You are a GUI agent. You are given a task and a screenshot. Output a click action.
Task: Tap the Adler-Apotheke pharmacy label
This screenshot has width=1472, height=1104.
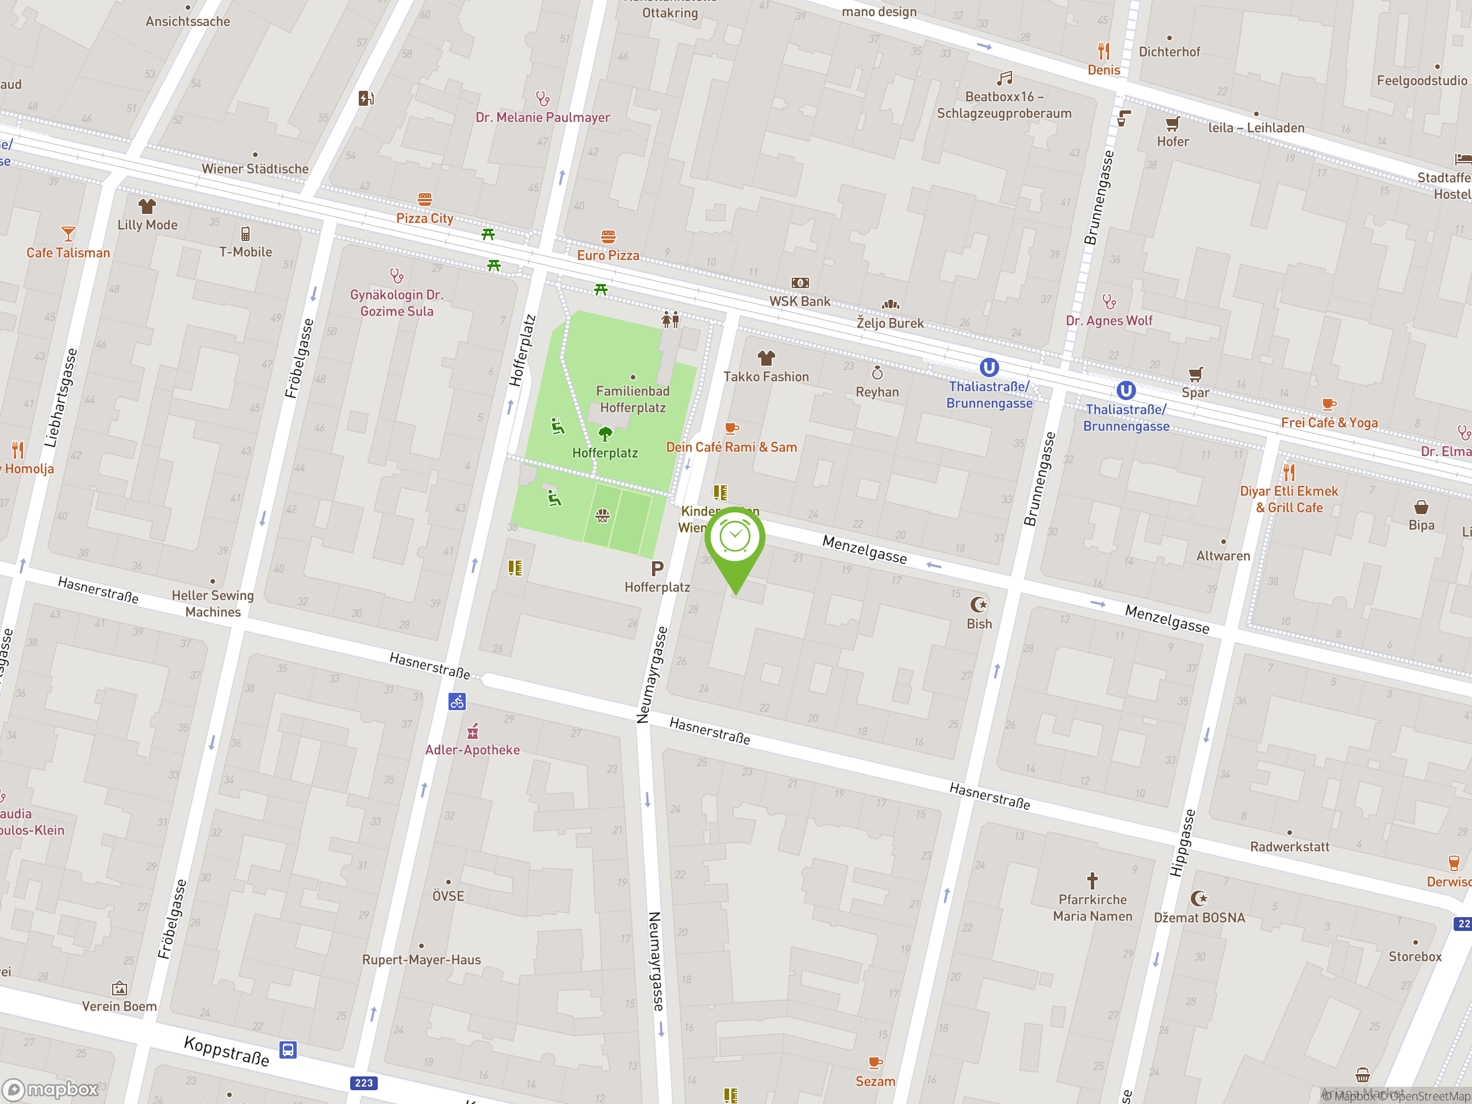click(473, 750)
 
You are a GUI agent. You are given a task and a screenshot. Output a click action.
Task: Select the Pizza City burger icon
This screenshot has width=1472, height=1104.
click(424, 199)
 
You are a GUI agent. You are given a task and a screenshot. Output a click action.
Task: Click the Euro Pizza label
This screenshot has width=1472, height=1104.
click(608, 255)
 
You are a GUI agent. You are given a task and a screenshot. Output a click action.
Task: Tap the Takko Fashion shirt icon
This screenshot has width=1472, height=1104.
click(766, 359)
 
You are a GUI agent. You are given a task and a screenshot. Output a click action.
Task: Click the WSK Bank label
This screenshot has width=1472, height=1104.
click(799, 301)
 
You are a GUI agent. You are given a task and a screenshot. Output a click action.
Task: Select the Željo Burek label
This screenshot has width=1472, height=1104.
click(890, 323)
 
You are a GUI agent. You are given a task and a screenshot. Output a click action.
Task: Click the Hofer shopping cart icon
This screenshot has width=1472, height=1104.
click(1172, 124)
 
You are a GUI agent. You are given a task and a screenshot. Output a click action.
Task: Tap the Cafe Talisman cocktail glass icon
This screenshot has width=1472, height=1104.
click(68, 234)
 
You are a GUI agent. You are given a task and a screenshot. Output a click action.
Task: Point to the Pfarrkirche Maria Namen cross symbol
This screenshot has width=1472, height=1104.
click(1092, 881)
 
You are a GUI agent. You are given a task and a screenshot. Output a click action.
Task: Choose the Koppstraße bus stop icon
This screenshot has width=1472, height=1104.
click(287, 1050)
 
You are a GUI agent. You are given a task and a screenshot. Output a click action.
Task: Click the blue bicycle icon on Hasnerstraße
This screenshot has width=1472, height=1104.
click(457, 701)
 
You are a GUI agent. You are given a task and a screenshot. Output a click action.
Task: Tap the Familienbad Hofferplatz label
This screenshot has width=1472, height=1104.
click(632, 399)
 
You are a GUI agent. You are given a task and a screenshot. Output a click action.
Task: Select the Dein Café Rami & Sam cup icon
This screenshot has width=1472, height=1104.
click(731, 428)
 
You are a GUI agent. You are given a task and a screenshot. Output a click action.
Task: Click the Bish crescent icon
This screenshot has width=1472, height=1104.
click(979, 605)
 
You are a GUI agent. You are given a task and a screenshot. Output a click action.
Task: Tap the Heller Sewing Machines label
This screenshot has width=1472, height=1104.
click(213, 604)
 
